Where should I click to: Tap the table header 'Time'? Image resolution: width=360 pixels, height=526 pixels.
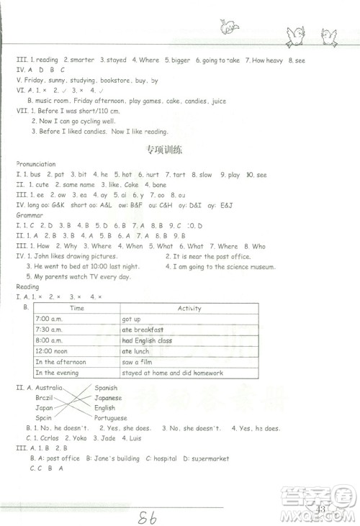77,308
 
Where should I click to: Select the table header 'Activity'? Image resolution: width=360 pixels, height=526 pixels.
189,308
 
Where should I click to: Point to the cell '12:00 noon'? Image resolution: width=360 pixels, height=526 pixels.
52,351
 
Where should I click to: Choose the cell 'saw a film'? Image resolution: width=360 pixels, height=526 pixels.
138,362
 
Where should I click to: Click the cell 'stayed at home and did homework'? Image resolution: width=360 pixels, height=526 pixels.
173,373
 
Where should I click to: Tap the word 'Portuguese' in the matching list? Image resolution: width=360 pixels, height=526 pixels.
110,417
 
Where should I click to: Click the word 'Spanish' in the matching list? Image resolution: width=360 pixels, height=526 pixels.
106,388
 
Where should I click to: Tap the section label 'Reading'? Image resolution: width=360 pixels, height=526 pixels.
28,286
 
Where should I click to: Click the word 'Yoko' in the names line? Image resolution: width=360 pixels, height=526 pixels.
72,437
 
